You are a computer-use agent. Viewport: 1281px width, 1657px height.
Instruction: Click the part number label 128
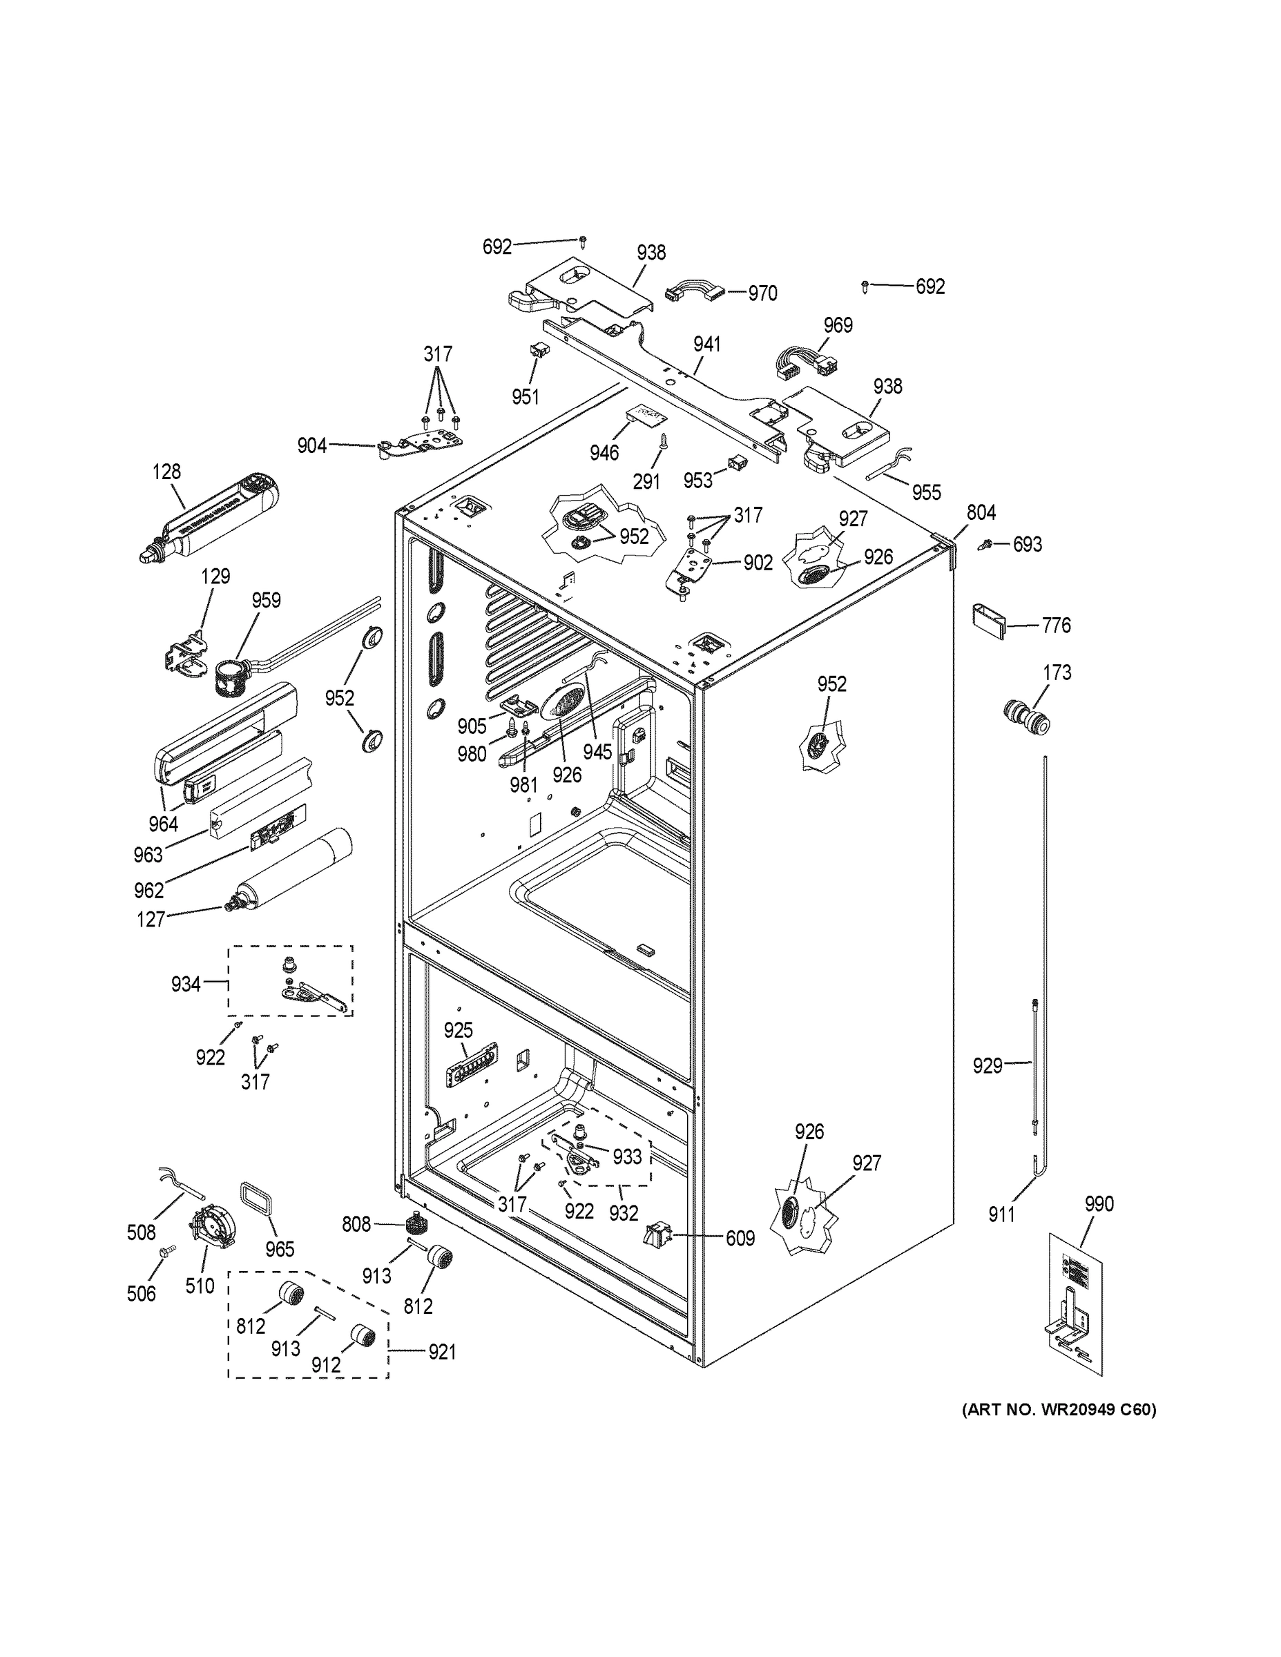coord(166,472)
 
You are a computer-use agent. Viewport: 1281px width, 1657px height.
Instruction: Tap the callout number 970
coord(762,293)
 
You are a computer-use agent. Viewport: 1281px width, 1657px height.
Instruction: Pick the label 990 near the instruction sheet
coord(1098,1203)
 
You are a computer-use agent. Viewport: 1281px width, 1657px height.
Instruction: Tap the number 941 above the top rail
coord(706,345)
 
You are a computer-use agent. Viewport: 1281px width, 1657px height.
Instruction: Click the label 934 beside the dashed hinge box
coord(185,985)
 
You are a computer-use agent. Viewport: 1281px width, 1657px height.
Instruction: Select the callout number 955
coord(926,492)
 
